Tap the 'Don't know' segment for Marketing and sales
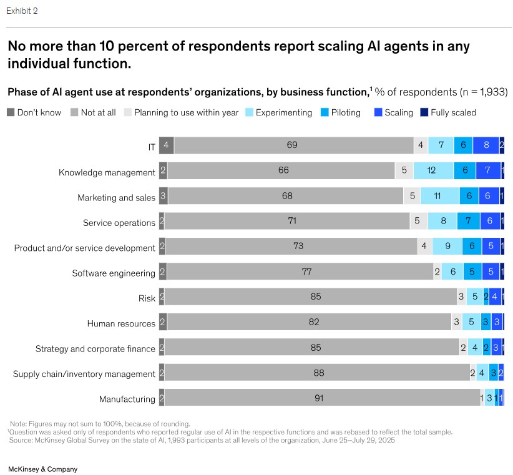164,196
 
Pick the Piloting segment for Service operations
468,221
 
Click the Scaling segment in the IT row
486,145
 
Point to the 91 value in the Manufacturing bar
319,398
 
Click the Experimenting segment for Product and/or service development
447,247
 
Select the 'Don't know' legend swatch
11,112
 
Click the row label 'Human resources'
121,323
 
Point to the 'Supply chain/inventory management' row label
84,374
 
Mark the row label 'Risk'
147,298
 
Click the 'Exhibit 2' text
22,11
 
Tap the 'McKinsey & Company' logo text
42,468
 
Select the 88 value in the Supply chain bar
318,373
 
